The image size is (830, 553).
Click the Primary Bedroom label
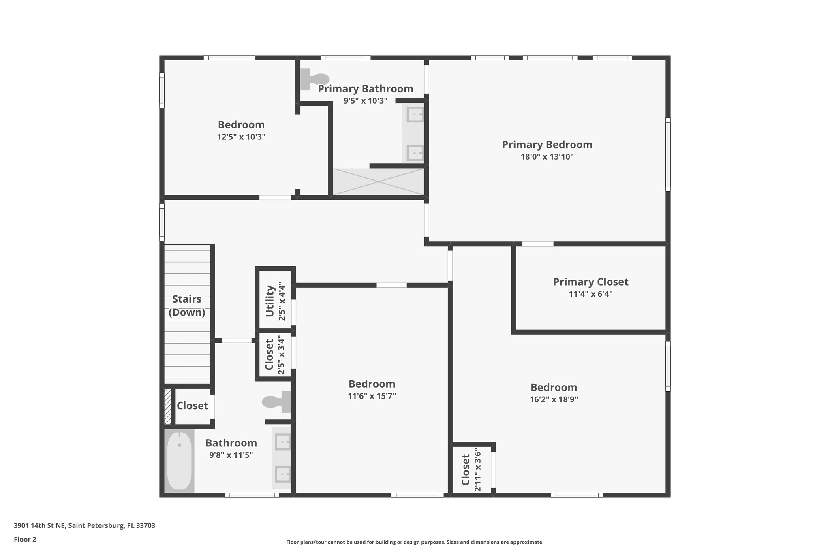coord(547,145)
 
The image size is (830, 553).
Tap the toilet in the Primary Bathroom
coord(315,79)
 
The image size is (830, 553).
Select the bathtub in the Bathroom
coord(179,461)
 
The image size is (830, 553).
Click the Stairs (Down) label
coord(187,305)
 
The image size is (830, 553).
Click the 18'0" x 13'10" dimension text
coord(547,157)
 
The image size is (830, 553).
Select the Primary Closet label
coord(590,282)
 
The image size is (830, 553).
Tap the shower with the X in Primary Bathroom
coord(378,181)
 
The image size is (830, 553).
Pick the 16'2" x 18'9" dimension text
coord(553,399)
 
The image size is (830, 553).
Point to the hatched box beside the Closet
coord(167,406)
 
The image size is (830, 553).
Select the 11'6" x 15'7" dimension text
coord(372,396)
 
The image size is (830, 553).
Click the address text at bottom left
coord(84,526)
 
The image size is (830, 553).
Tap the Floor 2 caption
coord(25,539)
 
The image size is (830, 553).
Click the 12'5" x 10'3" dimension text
coord(241,137)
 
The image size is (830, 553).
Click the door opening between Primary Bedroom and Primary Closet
coord(537,244)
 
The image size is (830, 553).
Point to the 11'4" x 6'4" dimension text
coord(590,294)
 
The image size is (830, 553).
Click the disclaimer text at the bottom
coord(415,542)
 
